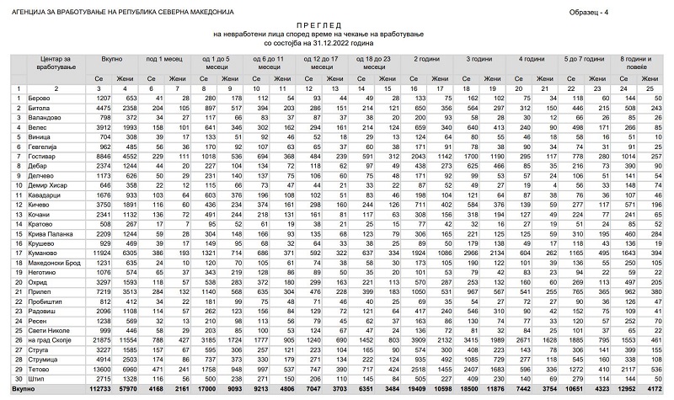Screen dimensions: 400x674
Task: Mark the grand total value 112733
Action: pyautogui.click(x=103, y=387)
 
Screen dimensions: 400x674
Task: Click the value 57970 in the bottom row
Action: pyautogui.click(x=131, y=387)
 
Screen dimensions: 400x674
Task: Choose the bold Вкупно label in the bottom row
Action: pyautogui.click(x=24, y=387)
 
